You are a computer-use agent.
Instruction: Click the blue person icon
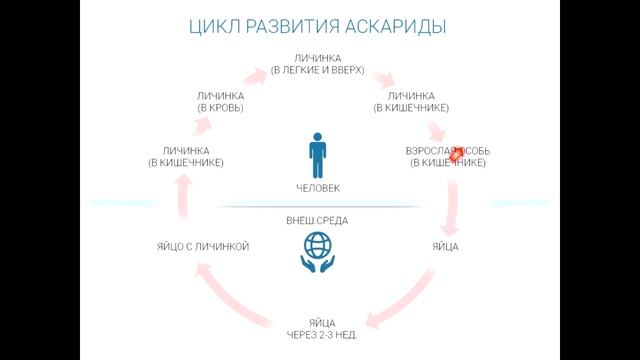pyautogui.click(x=318, y=154)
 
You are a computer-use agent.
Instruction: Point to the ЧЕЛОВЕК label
pyautogui.click(x=318, y=187)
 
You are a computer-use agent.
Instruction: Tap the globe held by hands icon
pyautogui.click(x=317, y=251)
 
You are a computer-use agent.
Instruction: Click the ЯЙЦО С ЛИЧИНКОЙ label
pyautogui.click(x=203, y=246)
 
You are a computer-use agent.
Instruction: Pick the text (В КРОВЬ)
pyautogui.click(x=221, y=107)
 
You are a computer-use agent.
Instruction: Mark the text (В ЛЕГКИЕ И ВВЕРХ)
pyautogui.click(x=318, y=70)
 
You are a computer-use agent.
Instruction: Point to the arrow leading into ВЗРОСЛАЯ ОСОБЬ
pyautogui.click(x=437, y=130)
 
